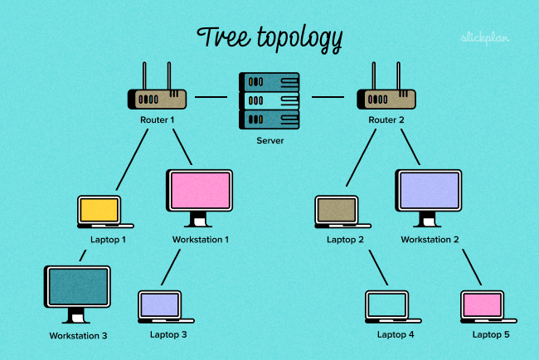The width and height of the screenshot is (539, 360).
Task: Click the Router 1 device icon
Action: (x=157, y=99)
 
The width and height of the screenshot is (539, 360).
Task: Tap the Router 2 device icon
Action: (x=385, y=99)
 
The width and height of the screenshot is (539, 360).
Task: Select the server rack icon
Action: (x=270, y=100)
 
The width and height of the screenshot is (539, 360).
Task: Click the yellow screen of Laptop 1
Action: (x=100, y=210)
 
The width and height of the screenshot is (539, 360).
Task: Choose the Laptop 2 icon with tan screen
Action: (x=337, y=211)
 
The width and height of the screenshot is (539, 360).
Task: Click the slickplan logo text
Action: (x=484, y=37)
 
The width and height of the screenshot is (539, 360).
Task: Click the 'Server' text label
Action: (x=270, y=141)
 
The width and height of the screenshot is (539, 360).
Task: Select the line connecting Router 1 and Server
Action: (x=211, y=97)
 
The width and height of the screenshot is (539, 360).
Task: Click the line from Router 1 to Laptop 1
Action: (x=132, y=161)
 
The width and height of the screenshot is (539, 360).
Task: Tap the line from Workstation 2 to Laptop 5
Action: (x=470, y=265)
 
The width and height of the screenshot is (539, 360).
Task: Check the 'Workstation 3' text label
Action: (x=78, y=336)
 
